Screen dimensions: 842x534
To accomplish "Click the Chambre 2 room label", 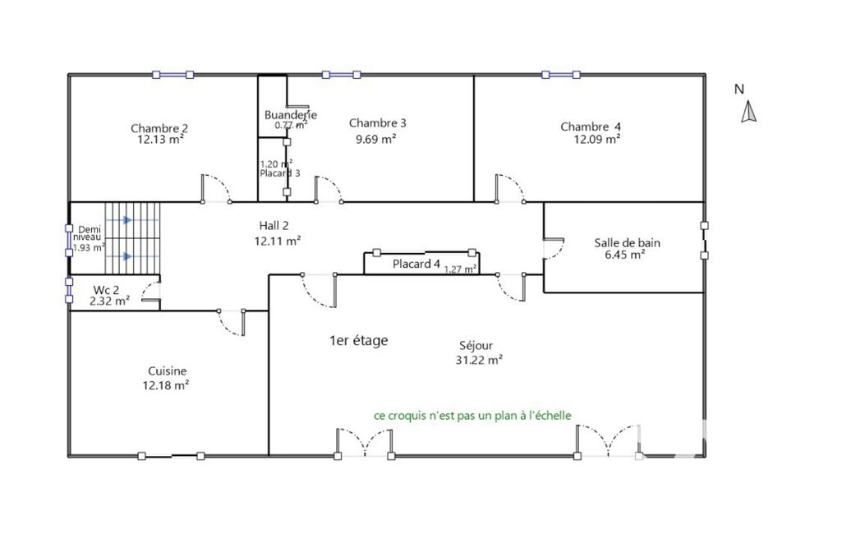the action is pos(159,128).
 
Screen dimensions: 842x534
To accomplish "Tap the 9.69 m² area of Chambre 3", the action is pos(376,139).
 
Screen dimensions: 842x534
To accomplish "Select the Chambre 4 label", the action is pos(591,127).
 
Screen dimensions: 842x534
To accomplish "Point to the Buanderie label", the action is pos(291,114).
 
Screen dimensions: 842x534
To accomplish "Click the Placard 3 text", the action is pos(280,173).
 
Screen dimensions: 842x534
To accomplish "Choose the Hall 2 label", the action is pos(274,226).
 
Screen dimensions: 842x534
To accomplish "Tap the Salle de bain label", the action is pos(628,243).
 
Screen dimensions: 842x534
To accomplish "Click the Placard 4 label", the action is pos(416,264).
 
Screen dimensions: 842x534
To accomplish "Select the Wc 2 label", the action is pos(106,290).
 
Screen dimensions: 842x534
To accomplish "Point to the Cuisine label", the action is pos(167,371).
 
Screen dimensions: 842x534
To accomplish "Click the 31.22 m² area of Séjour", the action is pos(479,360).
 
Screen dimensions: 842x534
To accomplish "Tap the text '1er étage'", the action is pos(359,341).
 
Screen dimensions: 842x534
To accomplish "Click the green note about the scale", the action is pos(472,416).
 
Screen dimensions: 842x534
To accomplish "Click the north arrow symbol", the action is pos(748,113).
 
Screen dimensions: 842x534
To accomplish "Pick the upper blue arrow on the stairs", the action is pos(128,220).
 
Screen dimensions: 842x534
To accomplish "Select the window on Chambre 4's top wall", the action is pos(561,75).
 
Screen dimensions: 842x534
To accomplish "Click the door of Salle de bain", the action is pos(553,248).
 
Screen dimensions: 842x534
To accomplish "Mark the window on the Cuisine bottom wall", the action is pos(171,456).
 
